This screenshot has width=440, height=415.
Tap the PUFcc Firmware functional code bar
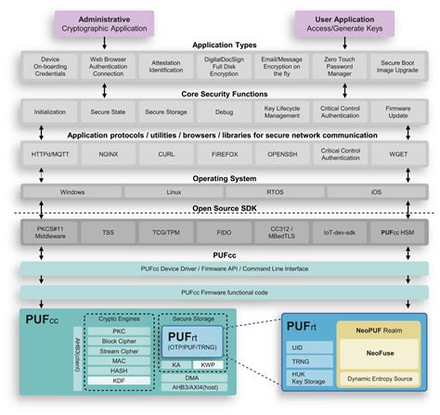(x=221, y=292)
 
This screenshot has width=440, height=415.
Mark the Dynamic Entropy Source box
(x=379, y=380)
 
